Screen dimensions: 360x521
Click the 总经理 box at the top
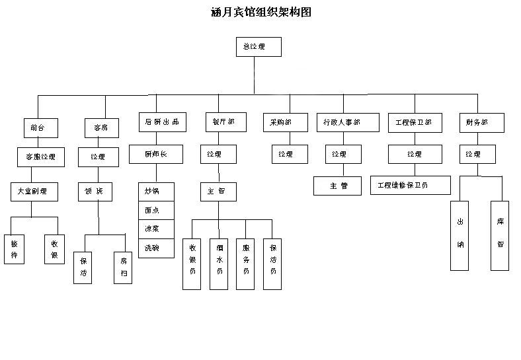(259, 47)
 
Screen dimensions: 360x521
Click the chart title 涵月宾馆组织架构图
(260, 13)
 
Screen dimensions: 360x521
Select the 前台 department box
(39, 127)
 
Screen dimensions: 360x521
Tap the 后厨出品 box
(162, 122)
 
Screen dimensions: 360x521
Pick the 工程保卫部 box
(415, 122)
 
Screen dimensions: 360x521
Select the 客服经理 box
(40, 157)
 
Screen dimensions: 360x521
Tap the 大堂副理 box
(34, 192)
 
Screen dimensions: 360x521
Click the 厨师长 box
(155, 155)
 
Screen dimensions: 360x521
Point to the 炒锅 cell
(156, 192)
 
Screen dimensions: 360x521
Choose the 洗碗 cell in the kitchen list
(156, 248)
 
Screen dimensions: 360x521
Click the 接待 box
(14, 249)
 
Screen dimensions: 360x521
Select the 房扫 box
(122, 267)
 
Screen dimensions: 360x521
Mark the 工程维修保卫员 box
(410, 185)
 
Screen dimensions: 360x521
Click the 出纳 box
(460, 235)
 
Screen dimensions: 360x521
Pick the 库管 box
(500, 235)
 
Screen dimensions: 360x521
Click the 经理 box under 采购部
(290, 154)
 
